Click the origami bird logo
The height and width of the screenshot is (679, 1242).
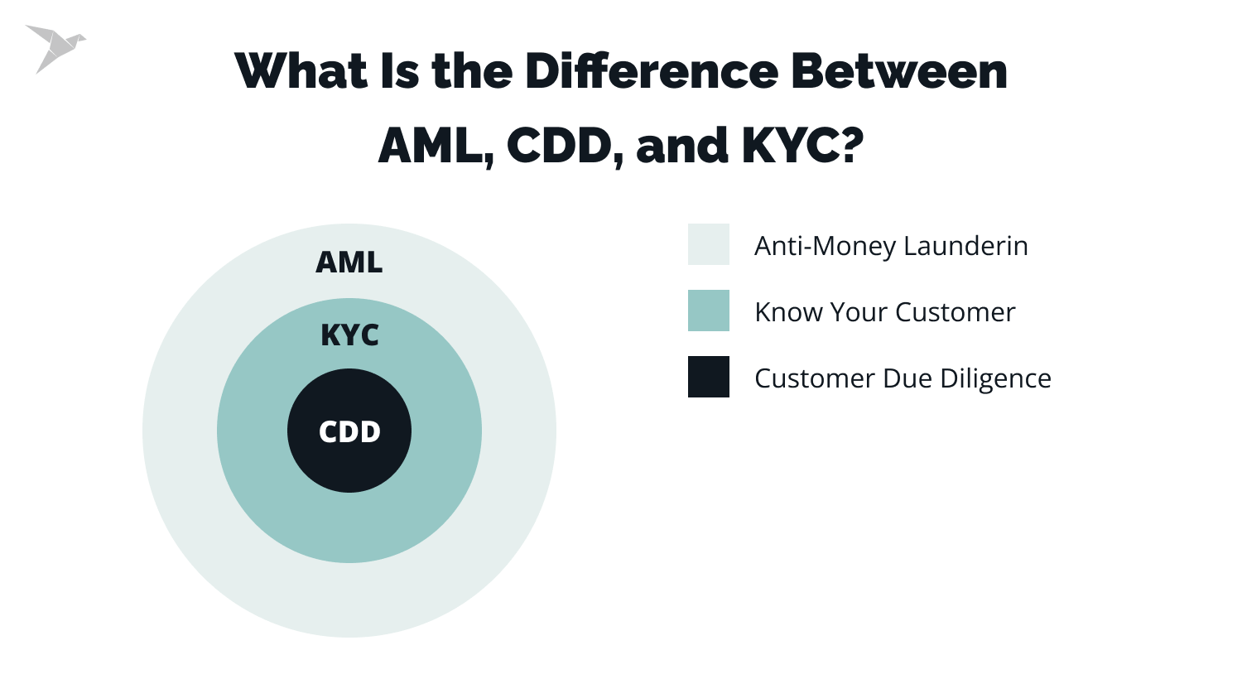pos(55,48)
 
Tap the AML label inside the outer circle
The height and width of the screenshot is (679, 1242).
pos(349,262)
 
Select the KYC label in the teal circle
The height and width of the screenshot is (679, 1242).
pos(349,335)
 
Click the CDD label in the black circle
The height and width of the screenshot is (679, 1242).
pos(349,431)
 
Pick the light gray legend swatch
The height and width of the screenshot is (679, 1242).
pos(708,244)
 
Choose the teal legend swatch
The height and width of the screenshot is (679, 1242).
pos(708,311)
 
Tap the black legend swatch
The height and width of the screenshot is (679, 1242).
pos(708,377)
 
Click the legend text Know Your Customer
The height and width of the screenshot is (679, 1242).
pos(884,312)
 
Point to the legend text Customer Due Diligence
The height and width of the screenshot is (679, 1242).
pos(903,378)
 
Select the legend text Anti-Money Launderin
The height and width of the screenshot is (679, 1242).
pos(891,246)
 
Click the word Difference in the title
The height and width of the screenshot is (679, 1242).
pos(652,71)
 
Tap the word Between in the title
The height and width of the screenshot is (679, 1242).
pos(899,71)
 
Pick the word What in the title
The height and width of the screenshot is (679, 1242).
pos(301,71)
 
